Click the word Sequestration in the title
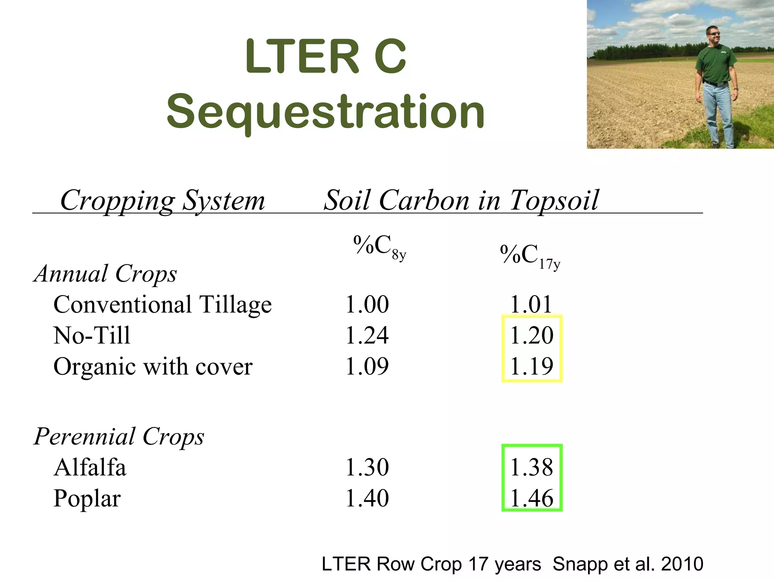(325, 111)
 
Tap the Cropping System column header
(163, 200)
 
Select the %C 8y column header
(379, 247)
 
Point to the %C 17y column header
(530, 256)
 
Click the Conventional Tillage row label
(163, 304)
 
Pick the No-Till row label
(92, 335)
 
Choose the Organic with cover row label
(153, 366)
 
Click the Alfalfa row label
(90, 467)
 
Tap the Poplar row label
(87, 498)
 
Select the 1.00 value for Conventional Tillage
(367, 304)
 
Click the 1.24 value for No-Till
(367, 335)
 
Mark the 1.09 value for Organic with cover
(367, 366)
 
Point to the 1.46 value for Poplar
(532, 498)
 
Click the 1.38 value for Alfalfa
(532, 467)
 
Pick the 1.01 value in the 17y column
(531, 304)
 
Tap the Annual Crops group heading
(105, 273)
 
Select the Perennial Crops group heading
(119, 436)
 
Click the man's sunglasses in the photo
(714, 34)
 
